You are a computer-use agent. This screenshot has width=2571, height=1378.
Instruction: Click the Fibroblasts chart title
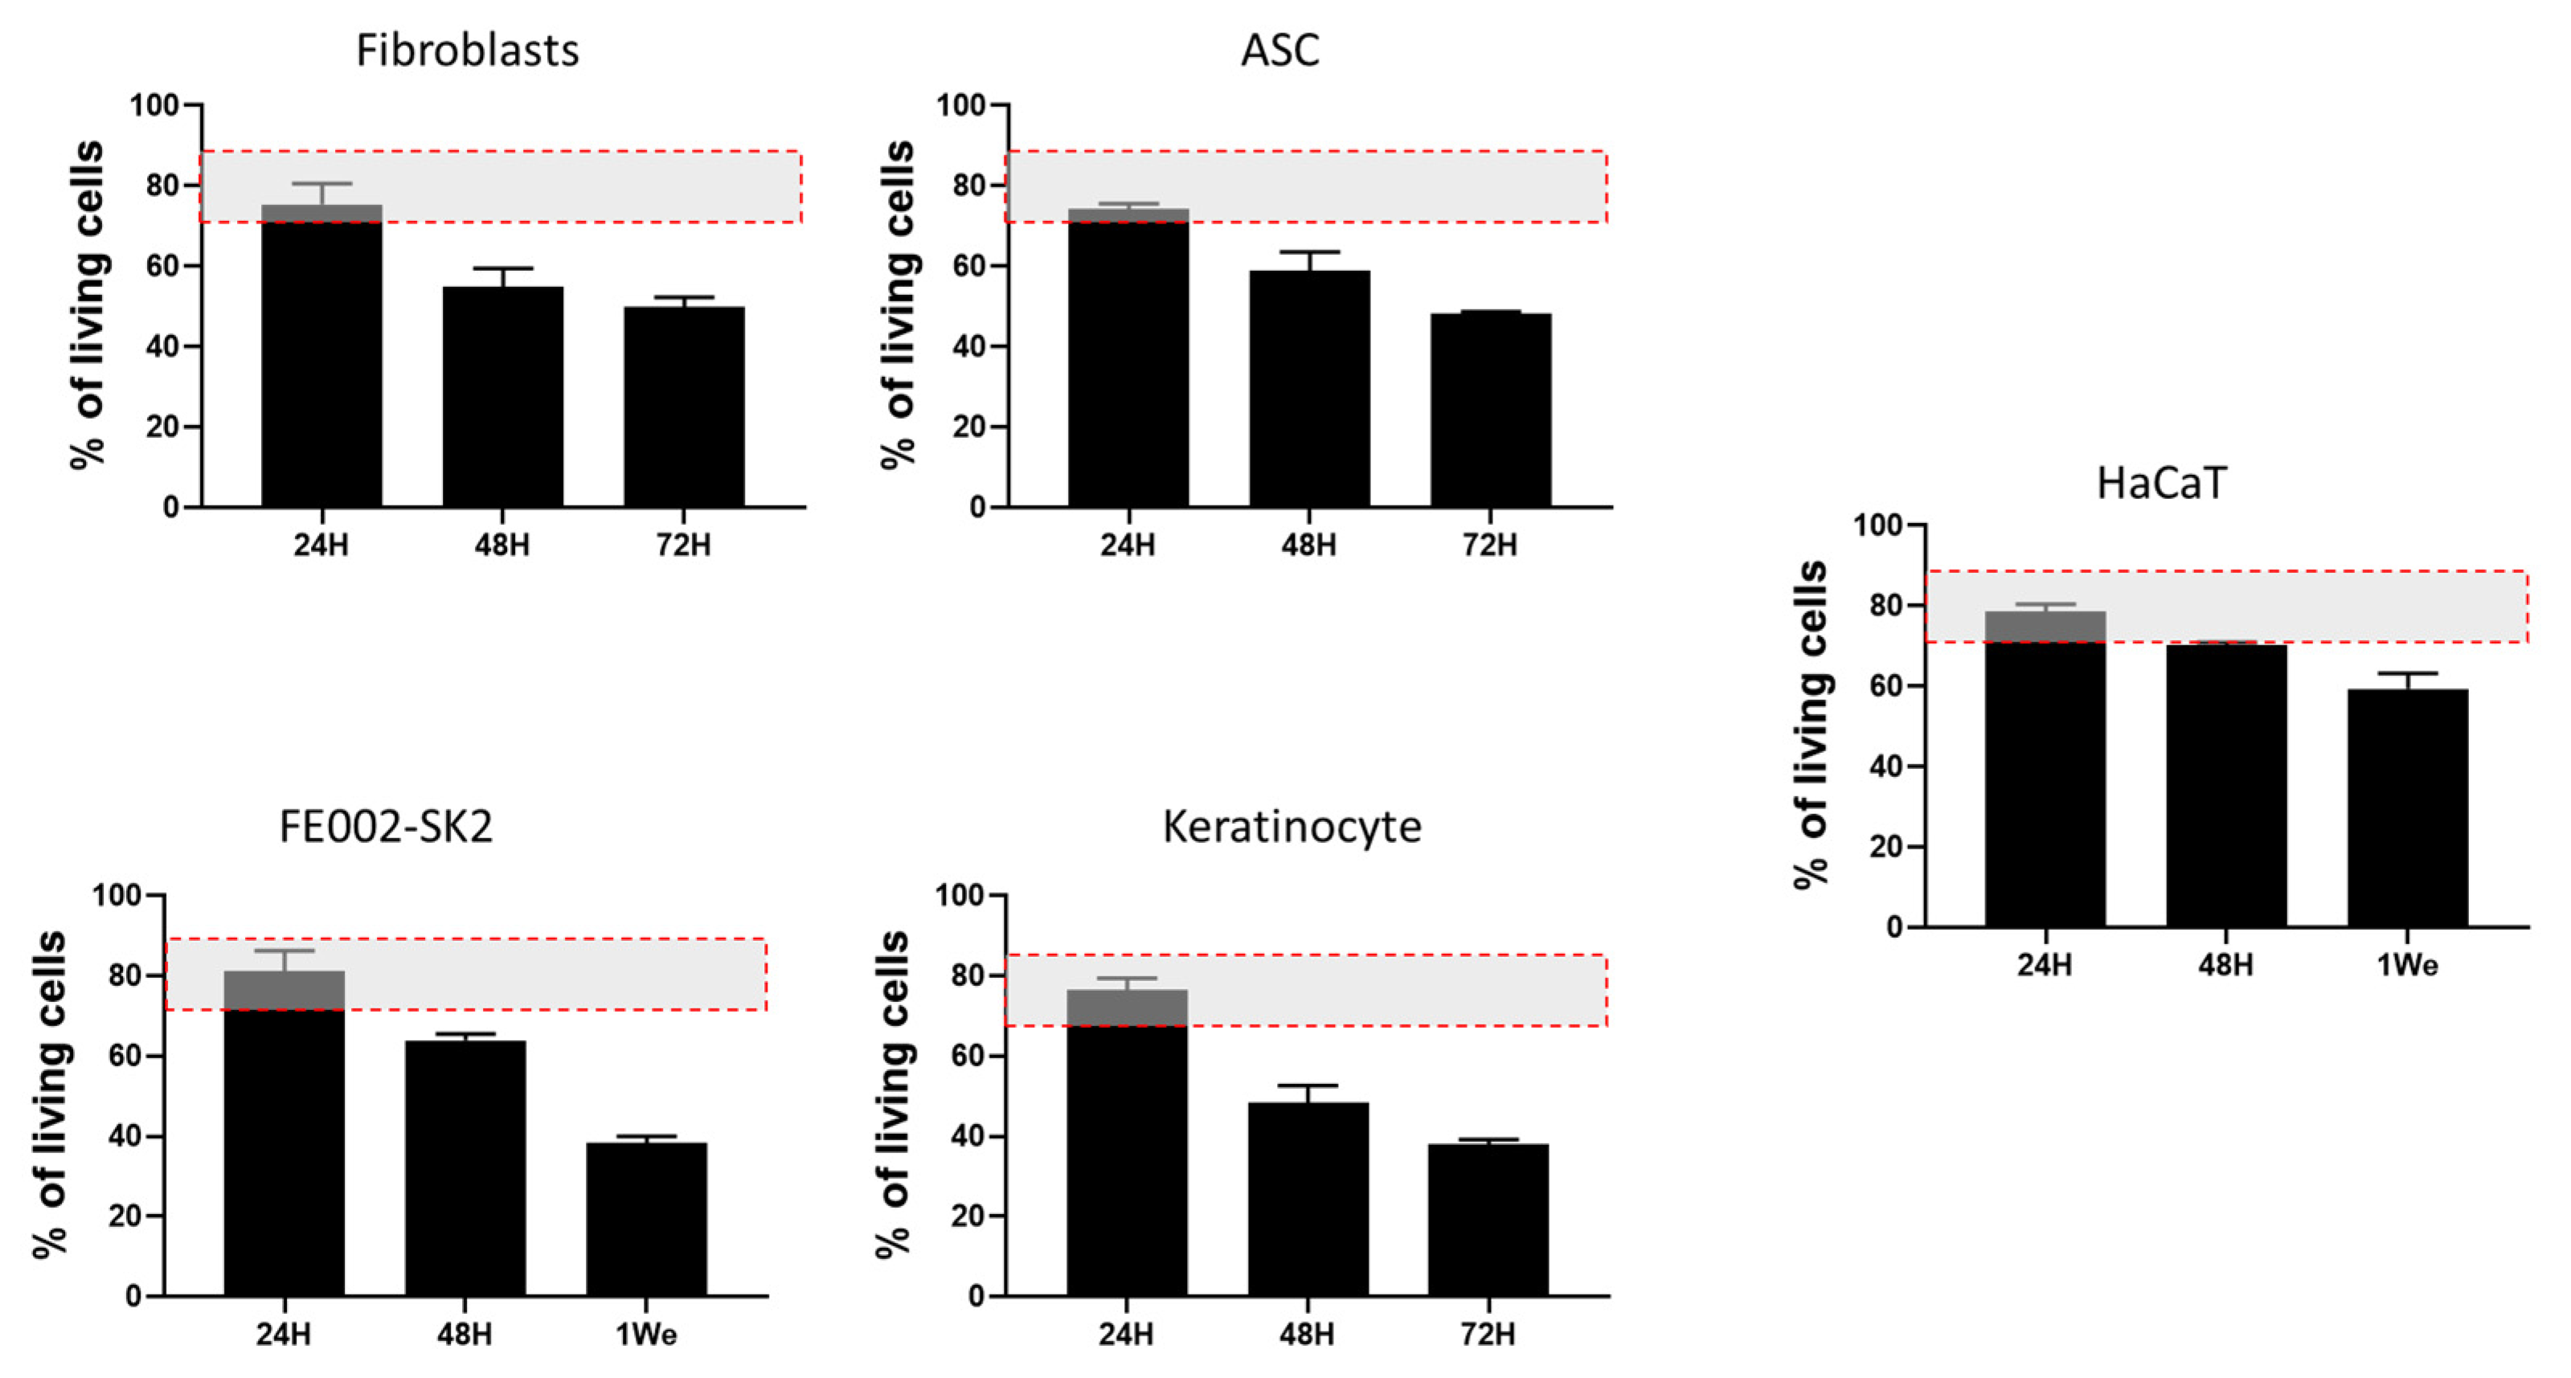(x=467, y=51)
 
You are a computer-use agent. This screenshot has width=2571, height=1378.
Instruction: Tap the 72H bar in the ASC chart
(x=1490, y=410)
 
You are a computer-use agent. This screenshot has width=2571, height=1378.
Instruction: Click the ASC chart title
(x=1279, y=51)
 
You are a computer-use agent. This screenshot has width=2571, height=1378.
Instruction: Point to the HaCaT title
(x=2161, y=484)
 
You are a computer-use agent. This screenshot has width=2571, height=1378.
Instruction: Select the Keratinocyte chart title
(x=1292, y=827)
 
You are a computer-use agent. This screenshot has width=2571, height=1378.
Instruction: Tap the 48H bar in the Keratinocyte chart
(x=1308, y=1198)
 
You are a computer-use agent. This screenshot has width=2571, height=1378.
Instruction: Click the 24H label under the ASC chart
(x=1128, y=546)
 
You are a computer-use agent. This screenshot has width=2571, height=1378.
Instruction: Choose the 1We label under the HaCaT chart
(x=2406, y=966)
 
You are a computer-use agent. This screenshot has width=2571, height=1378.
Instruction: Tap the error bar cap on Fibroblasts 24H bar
(x=321, y=184)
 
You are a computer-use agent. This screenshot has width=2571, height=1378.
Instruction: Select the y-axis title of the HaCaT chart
(x=1811, y=723)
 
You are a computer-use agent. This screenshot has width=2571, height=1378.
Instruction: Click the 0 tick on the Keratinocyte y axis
(x=977, y=1296)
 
